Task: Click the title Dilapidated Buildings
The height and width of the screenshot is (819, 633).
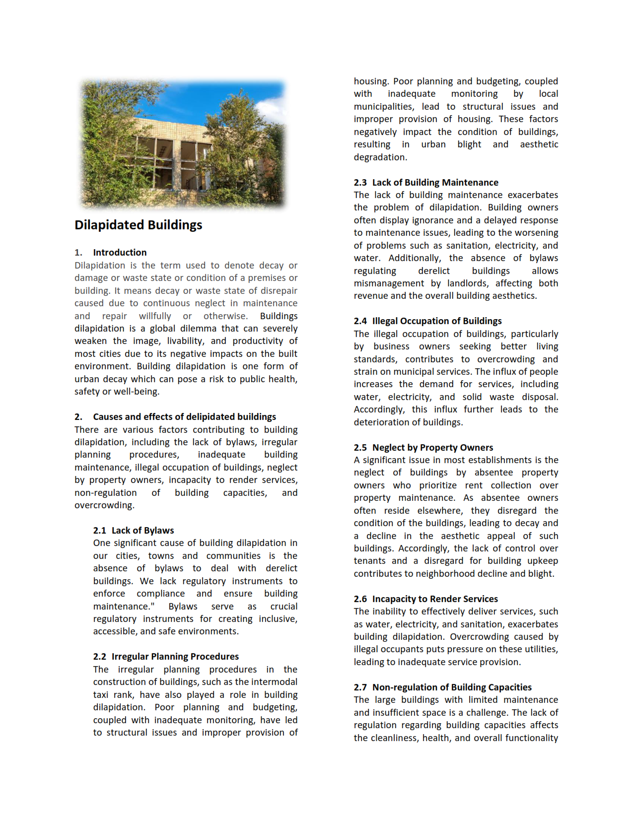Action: point(138,225)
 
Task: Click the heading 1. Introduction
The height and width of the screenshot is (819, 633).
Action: point(119,252)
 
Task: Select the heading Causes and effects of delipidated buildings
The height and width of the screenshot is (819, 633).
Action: point(184,416)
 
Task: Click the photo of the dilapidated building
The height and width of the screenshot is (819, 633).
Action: point(183,143)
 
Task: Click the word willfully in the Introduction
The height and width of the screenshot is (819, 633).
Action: point(155,316)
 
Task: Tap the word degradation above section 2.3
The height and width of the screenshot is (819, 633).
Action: point(380,157)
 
